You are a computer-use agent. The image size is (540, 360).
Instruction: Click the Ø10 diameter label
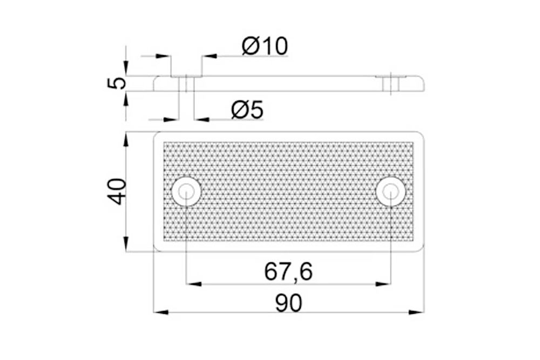(x=265, y=46)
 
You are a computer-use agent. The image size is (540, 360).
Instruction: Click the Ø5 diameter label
(x=247, y=110)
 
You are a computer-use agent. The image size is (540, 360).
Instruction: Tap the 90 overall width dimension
(x=288, y=303)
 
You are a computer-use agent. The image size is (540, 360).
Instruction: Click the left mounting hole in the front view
(x=186, y=192)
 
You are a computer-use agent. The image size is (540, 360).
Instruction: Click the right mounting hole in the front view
(x=390, y=192)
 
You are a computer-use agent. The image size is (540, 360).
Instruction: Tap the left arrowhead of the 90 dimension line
(x=161, y=313)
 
